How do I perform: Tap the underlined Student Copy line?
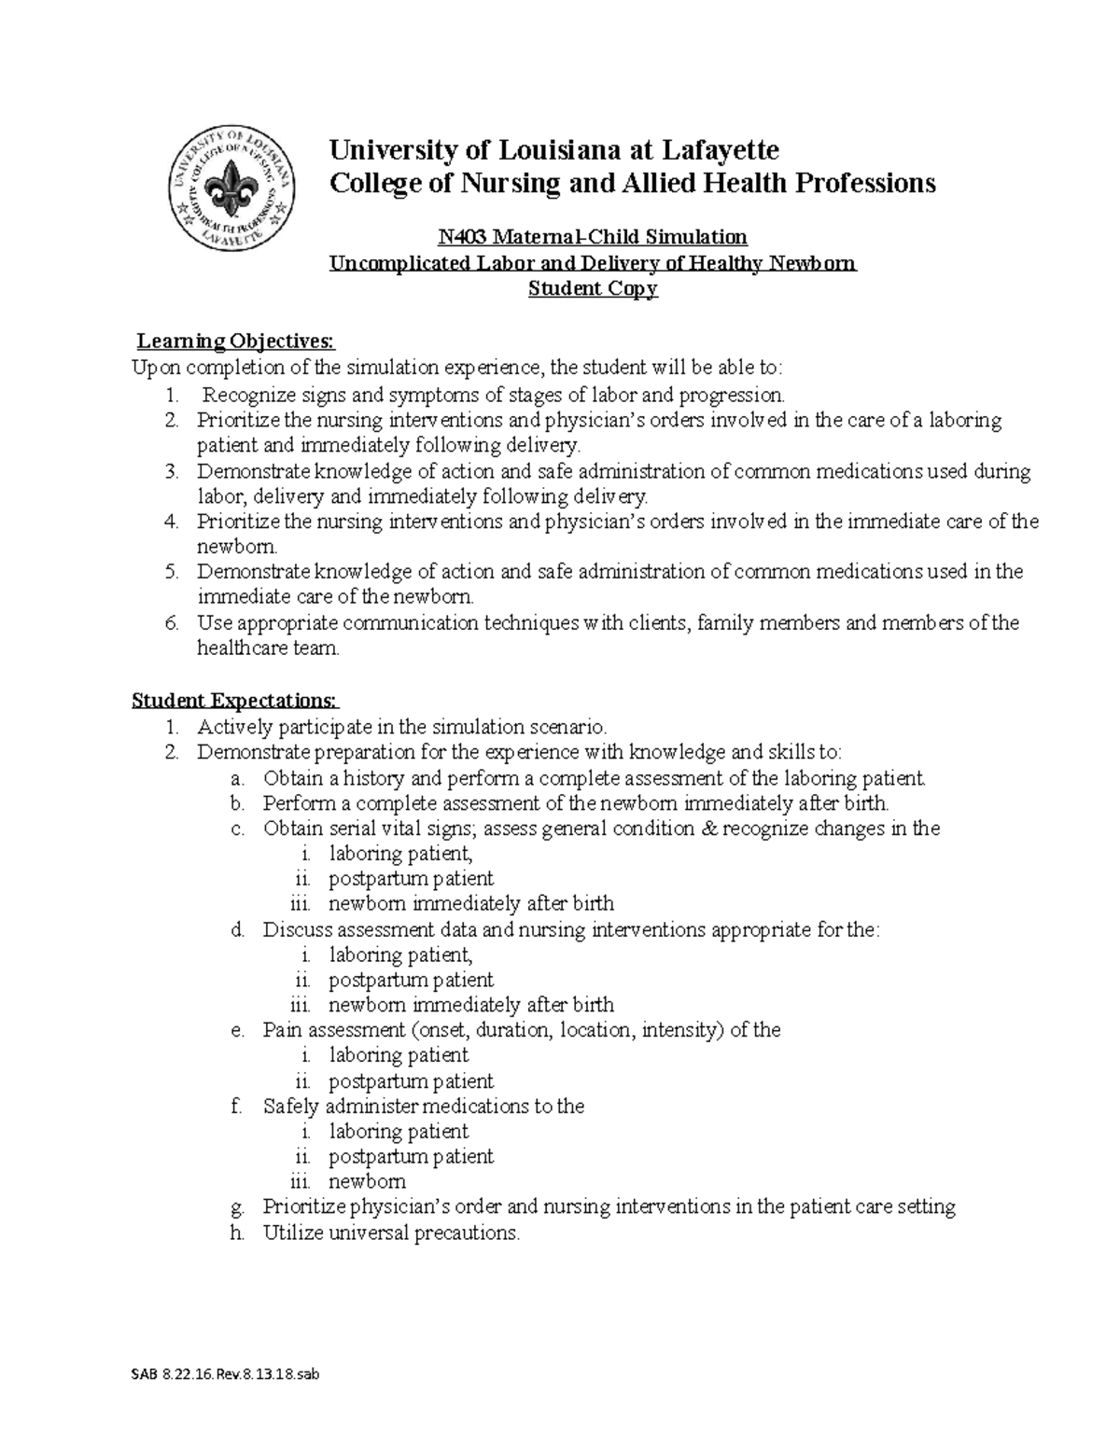tap(593, 288)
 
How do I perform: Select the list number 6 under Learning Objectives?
tap(171, 622)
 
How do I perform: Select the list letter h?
tap(237, 1233)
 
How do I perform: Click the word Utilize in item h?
tap(294, 1233)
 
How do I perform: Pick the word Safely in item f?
tap(290, 1107)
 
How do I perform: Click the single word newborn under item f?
tap(367, 1181)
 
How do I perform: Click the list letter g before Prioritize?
tap(237, 1207)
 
